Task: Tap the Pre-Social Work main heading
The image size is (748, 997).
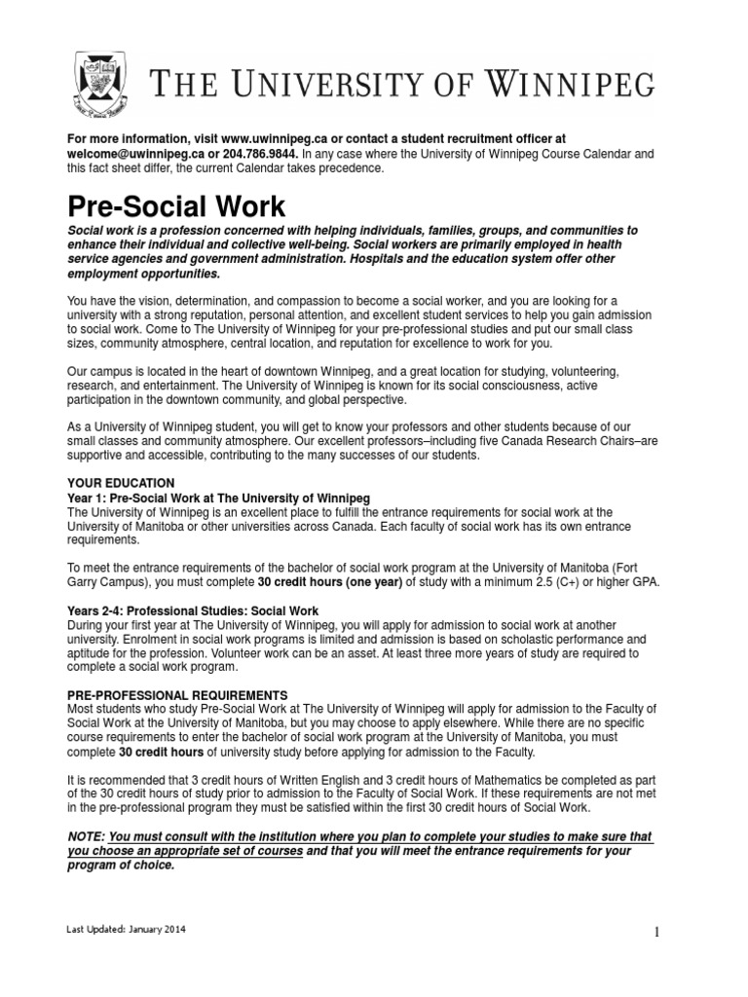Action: coord(176,207)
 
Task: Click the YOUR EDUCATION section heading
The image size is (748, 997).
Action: coord(121,483)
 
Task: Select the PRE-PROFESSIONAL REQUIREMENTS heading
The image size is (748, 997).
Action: coord(177,695)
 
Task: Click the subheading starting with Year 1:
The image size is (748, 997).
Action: coord(218,498)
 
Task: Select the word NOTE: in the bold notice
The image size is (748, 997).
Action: coord(87,837)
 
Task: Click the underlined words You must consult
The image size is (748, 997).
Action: coord(161,837)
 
